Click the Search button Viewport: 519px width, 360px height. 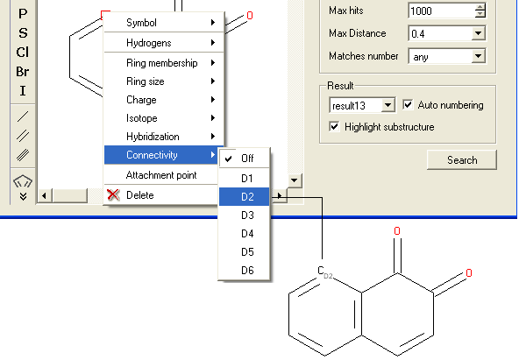462,160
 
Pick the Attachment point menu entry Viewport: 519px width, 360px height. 161,175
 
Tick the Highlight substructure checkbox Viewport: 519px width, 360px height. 334,127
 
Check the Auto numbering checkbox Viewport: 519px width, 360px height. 408,105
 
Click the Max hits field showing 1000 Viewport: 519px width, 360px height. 442,11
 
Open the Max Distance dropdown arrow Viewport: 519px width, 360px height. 478,33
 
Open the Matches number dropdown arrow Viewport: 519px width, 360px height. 478,56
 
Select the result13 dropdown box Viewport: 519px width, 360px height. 362,105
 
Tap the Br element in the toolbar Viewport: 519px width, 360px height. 23,72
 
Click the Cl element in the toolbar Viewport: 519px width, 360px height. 23,53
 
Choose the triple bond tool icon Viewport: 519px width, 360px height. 23,155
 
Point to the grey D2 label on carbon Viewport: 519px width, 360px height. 328,276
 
